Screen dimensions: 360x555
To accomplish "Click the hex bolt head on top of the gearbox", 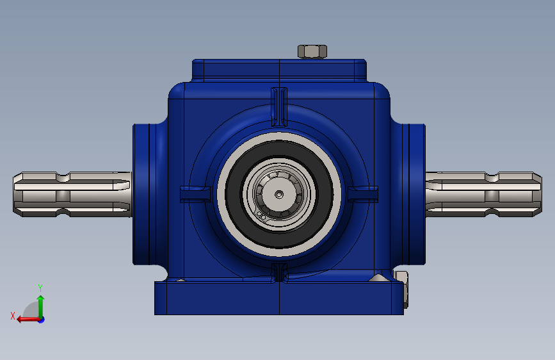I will coord(312,51).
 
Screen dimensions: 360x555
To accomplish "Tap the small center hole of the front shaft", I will coord(278,194).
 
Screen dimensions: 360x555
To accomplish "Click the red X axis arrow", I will coord(26,318).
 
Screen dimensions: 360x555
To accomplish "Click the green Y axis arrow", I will coord(40,305).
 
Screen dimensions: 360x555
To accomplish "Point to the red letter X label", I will coord(12,315).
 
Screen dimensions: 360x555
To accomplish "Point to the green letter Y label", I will coord(40,288).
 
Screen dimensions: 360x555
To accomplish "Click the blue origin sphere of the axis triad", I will coord(41,319).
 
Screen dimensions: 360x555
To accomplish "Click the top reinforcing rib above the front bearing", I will coord(278,106).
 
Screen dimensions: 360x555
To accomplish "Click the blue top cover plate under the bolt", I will coord(279,69).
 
